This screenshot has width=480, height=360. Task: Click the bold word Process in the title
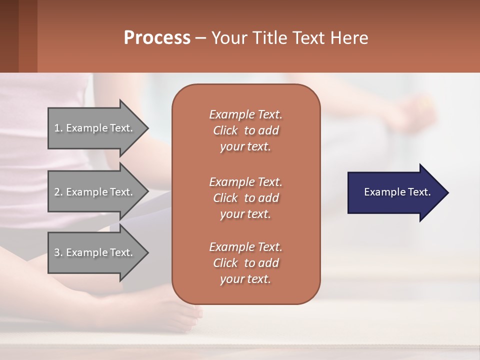coord(157,37)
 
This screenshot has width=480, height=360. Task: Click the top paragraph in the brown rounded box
coord(245,130)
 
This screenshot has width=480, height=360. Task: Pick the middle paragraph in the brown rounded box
coord(245,197)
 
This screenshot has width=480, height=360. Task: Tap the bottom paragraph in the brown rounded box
coord(245,263)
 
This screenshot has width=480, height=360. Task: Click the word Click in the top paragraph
coord(225,130)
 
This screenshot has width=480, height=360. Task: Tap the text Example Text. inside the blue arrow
coord(397,192)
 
